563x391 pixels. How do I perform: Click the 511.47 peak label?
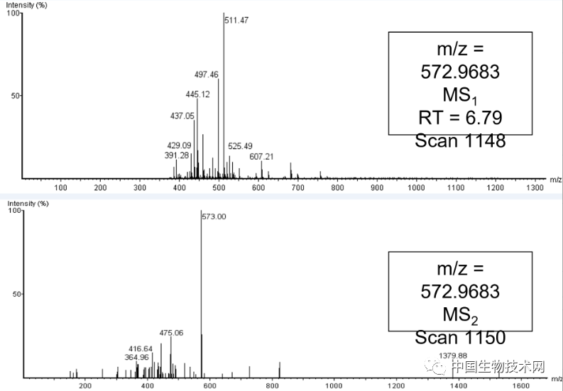(x=236, y=21)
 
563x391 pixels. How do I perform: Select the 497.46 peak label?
(x=207, y=74)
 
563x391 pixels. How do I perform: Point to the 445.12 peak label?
(x=197, y=94)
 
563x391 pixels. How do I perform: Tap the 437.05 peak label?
(x=182, y=116)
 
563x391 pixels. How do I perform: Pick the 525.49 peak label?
(x=240, y=146)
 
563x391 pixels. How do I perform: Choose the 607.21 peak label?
(x=262, y=156)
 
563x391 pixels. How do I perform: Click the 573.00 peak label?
(x=214, y=216)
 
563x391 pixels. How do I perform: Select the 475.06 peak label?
(x=171, y=332)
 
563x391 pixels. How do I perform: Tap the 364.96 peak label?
(x=136, y=357)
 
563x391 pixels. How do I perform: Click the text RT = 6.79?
(x=460, y=117)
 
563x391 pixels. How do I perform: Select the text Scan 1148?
(x=460, y=141)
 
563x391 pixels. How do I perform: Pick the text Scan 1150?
(x=460, y=337)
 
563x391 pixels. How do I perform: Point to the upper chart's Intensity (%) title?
(x=27, y=5)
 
